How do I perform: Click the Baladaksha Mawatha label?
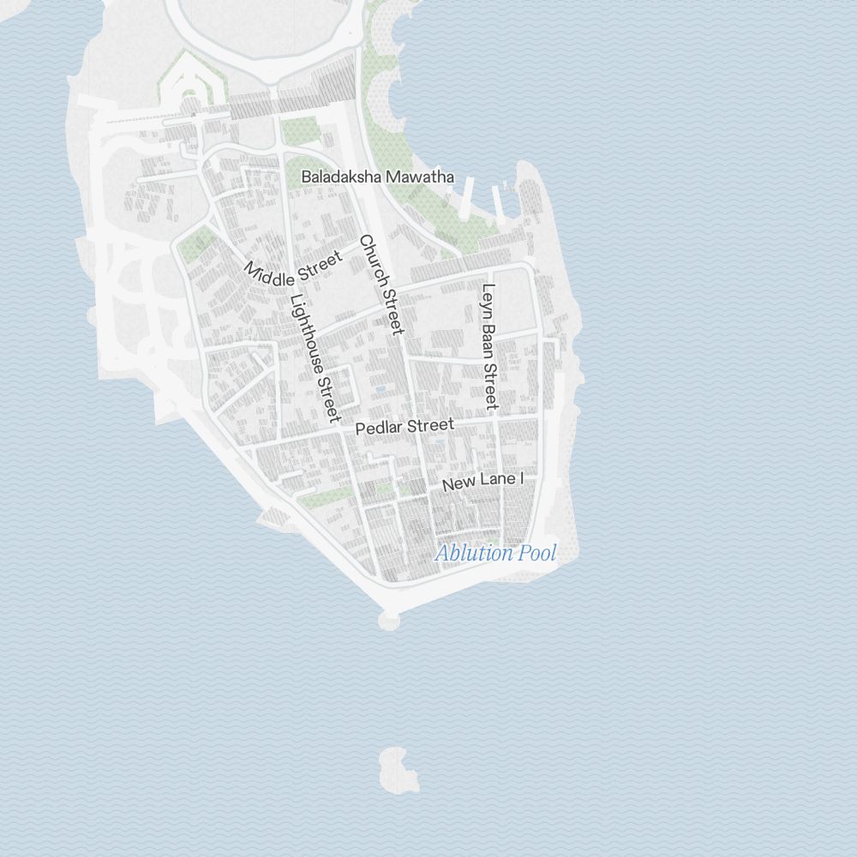(x=377, y=177)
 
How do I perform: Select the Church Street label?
(x=381, y=285)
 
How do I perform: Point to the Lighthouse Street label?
(x=311, y=357)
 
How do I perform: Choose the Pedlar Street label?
(x=405, y=426)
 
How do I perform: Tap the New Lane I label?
(x=482, y=481)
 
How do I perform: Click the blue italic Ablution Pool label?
(x=495, y=553)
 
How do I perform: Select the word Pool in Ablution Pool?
(x=537, y=553)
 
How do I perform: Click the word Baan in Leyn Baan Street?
(x=488, y=340)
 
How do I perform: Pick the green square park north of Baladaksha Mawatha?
(x=300, y=130)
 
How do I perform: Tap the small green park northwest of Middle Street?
(x=195, y=244)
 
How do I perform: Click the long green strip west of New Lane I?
(x=324, y=498)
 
